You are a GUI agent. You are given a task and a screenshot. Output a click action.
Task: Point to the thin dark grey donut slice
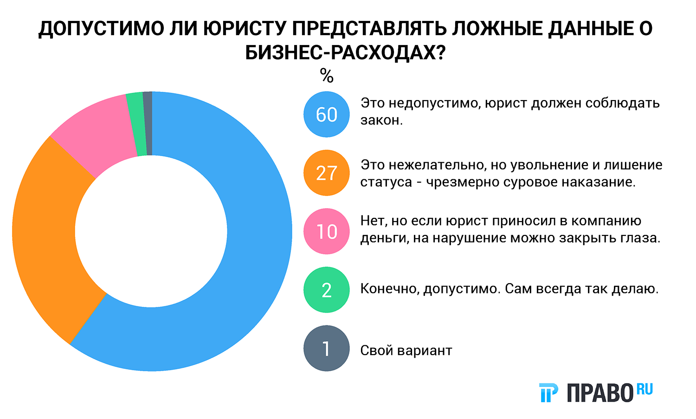coord(148,123)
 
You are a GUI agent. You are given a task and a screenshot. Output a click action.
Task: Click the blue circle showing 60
coord(326,114)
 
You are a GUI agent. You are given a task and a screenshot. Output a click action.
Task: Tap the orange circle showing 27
coord(326,173)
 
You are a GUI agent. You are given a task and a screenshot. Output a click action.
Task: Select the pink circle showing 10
coord(326,231)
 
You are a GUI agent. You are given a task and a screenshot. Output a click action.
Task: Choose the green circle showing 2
coord(326,290)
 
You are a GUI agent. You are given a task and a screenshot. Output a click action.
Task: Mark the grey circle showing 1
coord(326,348)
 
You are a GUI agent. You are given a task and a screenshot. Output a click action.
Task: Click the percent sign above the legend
coord(327,76)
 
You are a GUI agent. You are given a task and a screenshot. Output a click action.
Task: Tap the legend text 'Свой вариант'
coord(406,350)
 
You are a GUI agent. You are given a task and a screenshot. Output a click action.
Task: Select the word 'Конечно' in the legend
coord(390,289)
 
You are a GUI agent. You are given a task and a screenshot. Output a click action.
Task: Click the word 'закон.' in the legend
coord(381,121)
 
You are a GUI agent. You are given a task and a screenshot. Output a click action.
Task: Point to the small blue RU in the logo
coord(644,389)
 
